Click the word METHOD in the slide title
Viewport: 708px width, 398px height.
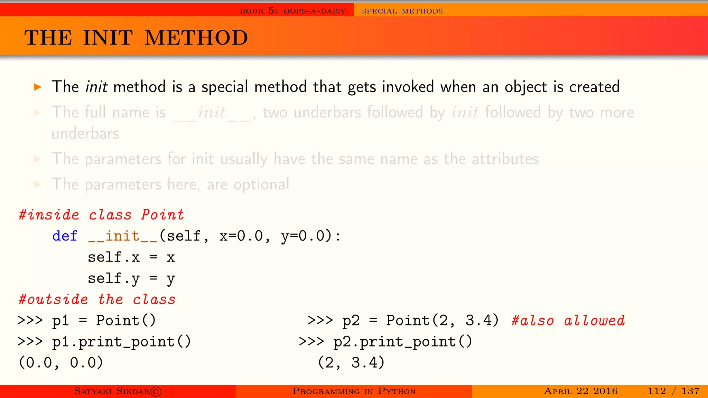click(196, 38)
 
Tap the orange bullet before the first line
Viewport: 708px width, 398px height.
click(38, 87)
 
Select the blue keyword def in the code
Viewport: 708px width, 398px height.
click(65, 236)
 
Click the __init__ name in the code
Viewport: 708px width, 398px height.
click(123, 236)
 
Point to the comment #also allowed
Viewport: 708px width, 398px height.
click(568, 321)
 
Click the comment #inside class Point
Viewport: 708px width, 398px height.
click(101, 215)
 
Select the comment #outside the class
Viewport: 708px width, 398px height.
click(97, 300)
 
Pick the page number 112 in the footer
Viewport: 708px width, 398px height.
click(657, 391)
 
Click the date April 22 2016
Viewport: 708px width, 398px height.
click(581, 391)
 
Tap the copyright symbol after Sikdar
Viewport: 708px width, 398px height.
click(156, 391)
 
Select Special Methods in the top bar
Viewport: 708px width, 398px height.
click(402, 11)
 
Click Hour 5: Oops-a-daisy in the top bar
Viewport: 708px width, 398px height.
click(293, 11)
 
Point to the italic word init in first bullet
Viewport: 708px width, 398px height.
click(96, 87)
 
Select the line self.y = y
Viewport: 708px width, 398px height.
click(131, 278)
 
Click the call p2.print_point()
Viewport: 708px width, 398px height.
click(402, 342)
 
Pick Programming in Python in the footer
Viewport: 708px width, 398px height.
click(354, 391)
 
